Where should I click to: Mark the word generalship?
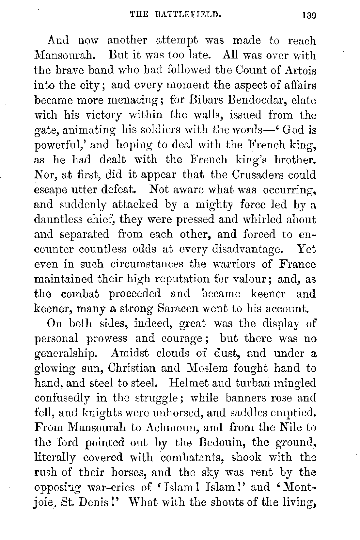tap(66, 354)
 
